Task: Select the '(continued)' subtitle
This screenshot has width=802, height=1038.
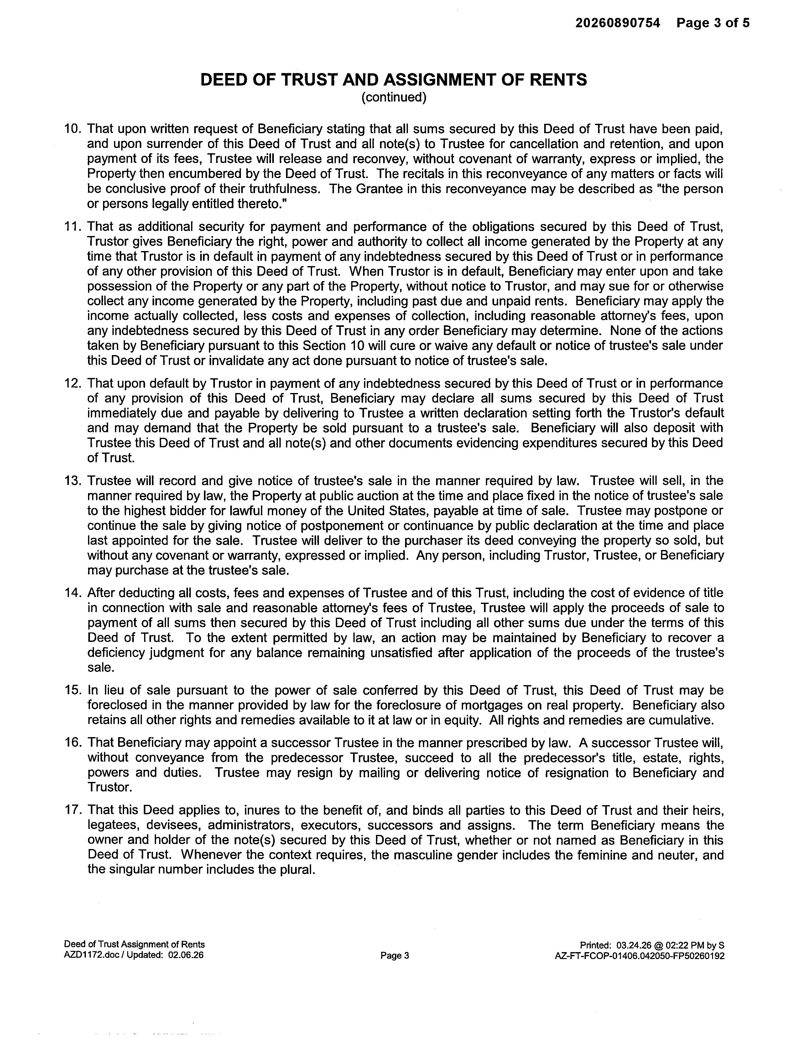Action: point(394,97)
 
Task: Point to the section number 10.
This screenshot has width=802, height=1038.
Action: point(74,129)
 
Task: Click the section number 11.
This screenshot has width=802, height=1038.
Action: point(74,227)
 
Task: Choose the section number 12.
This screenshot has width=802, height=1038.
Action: point(74,384)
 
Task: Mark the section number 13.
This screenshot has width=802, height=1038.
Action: point(74,481)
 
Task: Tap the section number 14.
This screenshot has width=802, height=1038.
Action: point(74,593)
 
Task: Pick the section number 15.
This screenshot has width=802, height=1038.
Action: point(74,690)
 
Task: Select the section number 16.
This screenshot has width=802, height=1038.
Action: point(74,743)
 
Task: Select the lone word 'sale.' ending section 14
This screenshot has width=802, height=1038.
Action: point(101,668)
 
